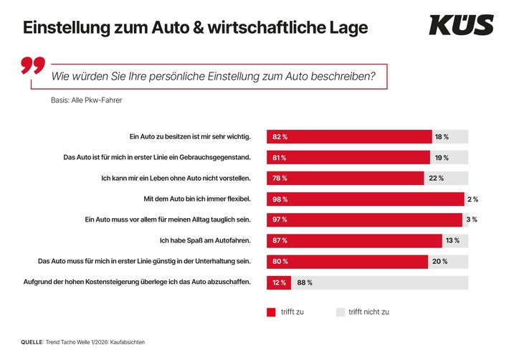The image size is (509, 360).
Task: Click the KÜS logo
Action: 461,26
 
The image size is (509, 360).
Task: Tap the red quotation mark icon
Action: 33,67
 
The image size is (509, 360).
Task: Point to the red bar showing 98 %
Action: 366,199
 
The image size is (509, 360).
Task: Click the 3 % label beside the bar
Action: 471,219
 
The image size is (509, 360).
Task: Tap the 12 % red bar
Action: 278,283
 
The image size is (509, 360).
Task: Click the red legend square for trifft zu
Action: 271,312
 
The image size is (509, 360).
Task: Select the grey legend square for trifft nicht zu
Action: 341,312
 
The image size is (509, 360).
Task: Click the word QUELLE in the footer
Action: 32,342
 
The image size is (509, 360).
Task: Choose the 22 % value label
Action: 436,178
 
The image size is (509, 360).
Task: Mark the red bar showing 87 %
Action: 355,240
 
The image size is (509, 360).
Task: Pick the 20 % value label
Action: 440,261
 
